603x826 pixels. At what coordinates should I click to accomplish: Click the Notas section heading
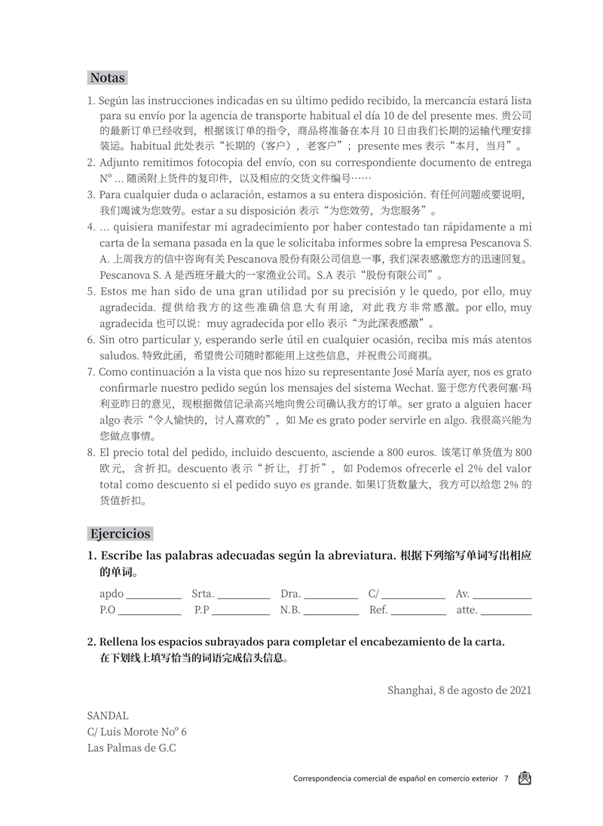(x=107, y=78)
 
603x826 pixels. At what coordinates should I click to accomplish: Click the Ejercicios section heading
(x=121, y=534)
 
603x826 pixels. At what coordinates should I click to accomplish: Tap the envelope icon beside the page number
(x=525, y=779)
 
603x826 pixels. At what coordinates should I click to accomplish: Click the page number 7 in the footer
(x=507, y=779)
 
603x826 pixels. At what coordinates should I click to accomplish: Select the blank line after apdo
(x=154, y=595)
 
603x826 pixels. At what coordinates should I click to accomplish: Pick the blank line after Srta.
(x=243, y=595)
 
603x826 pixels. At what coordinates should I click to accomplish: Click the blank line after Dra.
(x=331, y=595)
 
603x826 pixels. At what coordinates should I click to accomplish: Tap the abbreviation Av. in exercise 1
(x=463, y=593)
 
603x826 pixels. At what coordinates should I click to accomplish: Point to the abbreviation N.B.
(x=289, y=610)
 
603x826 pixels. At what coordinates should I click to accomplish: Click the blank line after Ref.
(x=418, y=612)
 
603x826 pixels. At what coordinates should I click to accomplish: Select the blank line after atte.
(x=506, y=612)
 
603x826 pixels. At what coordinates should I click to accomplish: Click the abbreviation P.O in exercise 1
(x=107, y=610)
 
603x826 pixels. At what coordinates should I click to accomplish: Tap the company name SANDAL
(x=108, y=715)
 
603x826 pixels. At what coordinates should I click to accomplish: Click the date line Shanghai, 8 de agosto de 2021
(x=459, y=689)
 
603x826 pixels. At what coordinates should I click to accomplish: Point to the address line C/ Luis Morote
(x=136, y=732)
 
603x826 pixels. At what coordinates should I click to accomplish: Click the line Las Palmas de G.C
(x=131, y=748)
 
